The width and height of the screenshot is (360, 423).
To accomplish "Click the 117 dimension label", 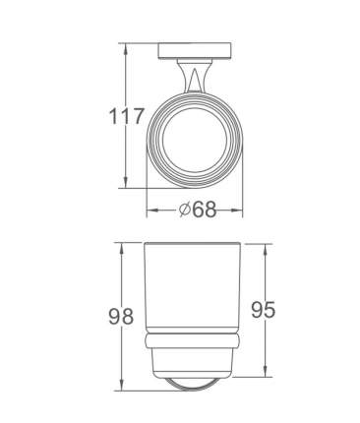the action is point(126,116).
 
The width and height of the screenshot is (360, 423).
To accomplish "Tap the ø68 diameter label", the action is point(198,209).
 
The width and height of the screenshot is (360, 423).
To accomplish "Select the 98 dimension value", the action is point(121,316).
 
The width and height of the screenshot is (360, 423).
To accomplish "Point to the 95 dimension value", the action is point(264,310).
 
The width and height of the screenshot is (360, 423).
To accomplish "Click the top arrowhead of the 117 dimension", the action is point(125,48).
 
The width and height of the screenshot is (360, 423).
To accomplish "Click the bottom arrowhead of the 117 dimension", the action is point(125,183).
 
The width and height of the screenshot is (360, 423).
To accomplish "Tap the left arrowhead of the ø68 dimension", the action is point(152,211).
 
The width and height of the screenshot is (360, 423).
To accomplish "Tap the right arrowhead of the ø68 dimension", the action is point(237,211).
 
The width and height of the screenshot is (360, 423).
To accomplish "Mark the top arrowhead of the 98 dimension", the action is point(122,248).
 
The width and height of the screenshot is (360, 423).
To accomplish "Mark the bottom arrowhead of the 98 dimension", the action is point(122,386).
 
